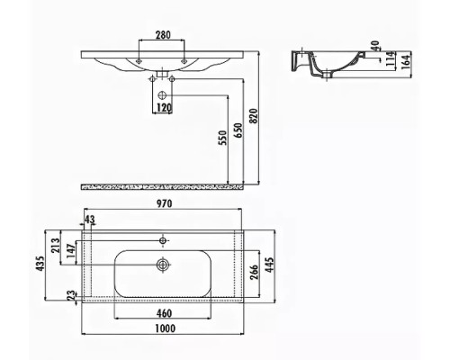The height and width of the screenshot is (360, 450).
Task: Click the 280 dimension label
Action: [163, 35]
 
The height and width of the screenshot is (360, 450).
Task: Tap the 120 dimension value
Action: [164, 107]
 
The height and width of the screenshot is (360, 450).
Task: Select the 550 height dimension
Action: [223, 138]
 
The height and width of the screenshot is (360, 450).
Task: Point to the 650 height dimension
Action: [238, 130]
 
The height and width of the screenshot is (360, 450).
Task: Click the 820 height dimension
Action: [254, 116]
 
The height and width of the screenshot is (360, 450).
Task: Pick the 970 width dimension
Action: [164, 203]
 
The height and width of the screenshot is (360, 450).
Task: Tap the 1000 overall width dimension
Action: [166, 328]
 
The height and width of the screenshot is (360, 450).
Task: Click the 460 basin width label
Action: [164, 313]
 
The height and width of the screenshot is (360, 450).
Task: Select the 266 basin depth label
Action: [254, 272]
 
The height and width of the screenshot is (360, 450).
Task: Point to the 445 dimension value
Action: [270, 265]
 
